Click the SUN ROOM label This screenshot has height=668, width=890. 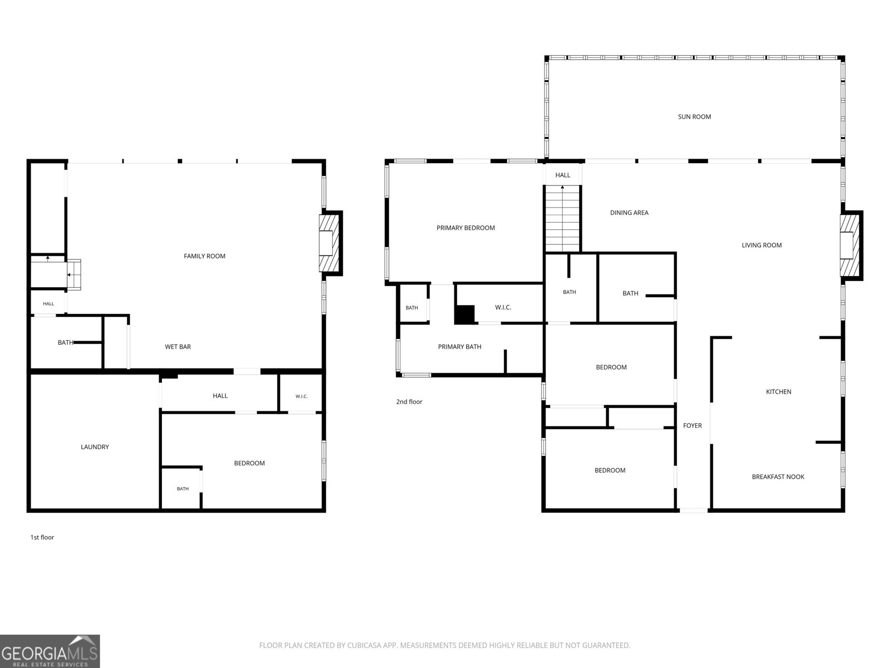[694, 117]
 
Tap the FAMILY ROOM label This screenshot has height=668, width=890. [204, 256]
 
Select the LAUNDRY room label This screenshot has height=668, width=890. [95, 447]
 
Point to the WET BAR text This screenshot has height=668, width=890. [177, 347]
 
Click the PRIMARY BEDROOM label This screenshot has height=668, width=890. [466, 228]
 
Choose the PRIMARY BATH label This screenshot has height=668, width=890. [459, 347]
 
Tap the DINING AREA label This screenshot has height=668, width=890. [629, 213]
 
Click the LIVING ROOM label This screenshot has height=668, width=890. [762, 245]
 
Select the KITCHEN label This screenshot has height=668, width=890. [779, 391]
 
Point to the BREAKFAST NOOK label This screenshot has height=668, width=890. [778, 477]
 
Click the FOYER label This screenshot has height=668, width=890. [692, 425]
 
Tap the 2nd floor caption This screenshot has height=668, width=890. [409, 401]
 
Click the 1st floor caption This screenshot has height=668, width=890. [42, 537]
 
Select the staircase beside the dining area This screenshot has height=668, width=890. [562, 218]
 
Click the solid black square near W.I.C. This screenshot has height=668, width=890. [464, 315]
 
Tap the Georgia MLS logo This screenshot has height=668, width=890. [50, 651]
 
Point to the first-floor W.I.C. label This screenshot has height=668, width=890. [301, 396]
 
